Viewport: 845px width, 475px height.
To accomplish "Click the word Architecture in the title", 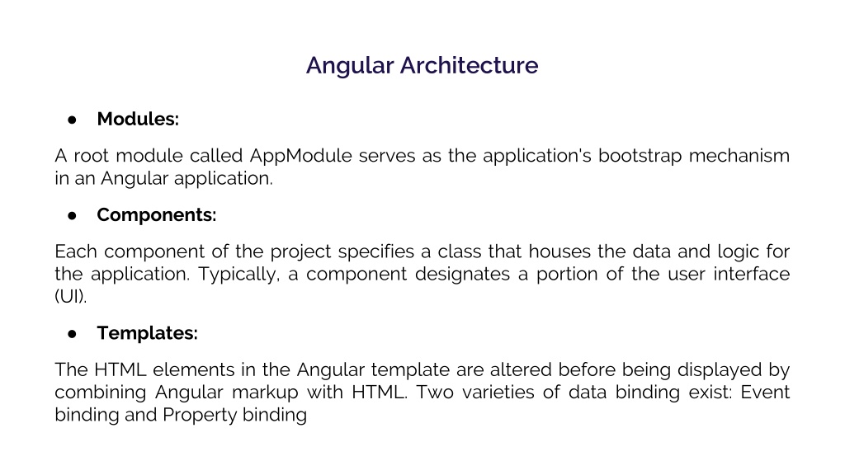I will click(x=469, y=65).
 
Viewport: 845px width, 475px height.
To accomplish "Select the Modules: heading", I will click(x=138, y=119).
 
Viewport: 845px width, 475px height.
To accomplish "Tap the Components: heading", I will click(x=156, y=214).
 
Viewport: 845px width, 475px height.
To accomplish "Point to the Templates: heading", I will click(x=147, y=333).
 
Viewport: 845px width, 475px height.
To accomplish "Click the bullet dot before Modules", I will click(x=73, y=120).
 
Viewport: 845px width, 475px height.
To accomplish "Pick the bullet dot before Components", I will click(x=73, y=215).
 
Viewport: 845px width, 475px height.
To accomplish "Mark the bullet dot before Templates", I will click(x=73, y=334).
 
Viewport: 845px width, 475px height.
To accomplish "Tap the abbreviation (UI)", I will click(x=70, y=296).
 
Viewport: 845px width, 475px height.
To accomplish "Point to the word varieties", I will click(x=493, y=393).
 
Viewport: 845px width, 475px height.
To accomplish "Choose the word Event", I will click(x=765, y=393).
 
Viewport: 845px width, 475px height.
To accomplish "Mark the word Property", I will click(x=199, y=415).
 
